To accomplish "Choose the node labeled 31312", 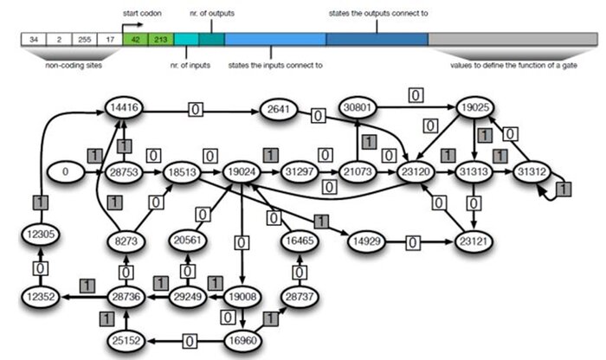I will [531, 171].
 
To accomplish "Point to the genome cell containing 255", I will [84, 39].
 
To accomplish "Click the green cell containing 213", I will [160, 39].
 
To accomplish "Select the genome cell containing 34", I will [33, 39].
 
